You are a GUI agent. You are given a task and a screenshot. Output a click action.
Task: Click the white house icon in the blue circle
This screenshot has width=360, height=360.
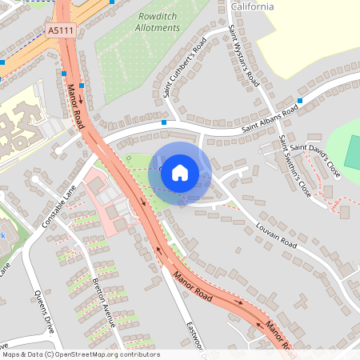point(180,172)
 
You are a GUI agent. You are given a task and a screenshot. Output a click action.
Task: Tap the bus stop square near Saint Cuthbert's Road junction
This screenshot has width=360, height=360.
point(163,122)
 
